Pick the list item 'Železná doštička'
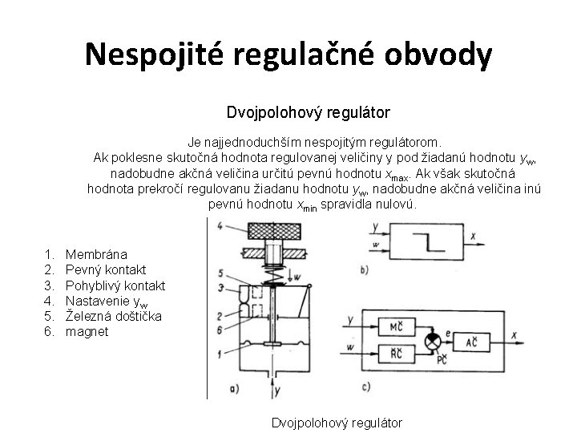[x=113, y=316]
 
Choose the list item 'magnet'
[x=87, y=331]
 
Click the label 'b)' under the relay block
[x=365, y=271]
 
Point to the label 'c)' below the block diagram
[x=366, y=390]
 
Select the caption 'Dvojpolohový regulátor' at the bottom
[x=337, y=423]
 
